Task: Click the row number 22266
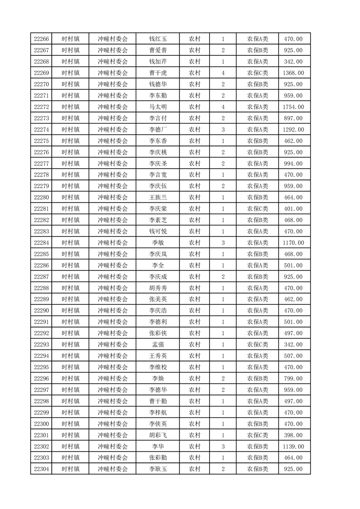[41, 39]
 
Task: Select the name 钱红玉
[158, 39]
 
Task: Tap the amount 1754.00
[293, 107]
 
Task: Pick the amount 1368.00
[293, 73]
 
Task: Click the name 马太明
[158, 107]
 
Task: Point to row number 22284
[41, 243]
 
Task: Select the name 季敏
[158, 243]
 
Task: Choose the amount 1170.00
[293, 243]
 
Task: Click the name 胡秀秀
[158, 288]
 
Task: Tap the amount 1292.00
[293, 130]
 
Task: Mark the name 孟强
[158, 345]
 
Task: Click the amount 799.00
[293, 379]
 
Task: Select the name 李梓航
[158, 412]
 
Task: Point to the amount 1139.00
[293, 446]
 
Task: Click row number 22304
[41, 469]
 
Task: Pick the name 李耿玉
[158, 469]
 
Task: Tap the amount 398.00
[293, 435]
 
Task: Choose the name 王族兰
[158, 197]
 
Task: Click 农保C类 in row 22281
[257, 209]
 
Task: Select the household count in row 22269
[223, 73]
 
